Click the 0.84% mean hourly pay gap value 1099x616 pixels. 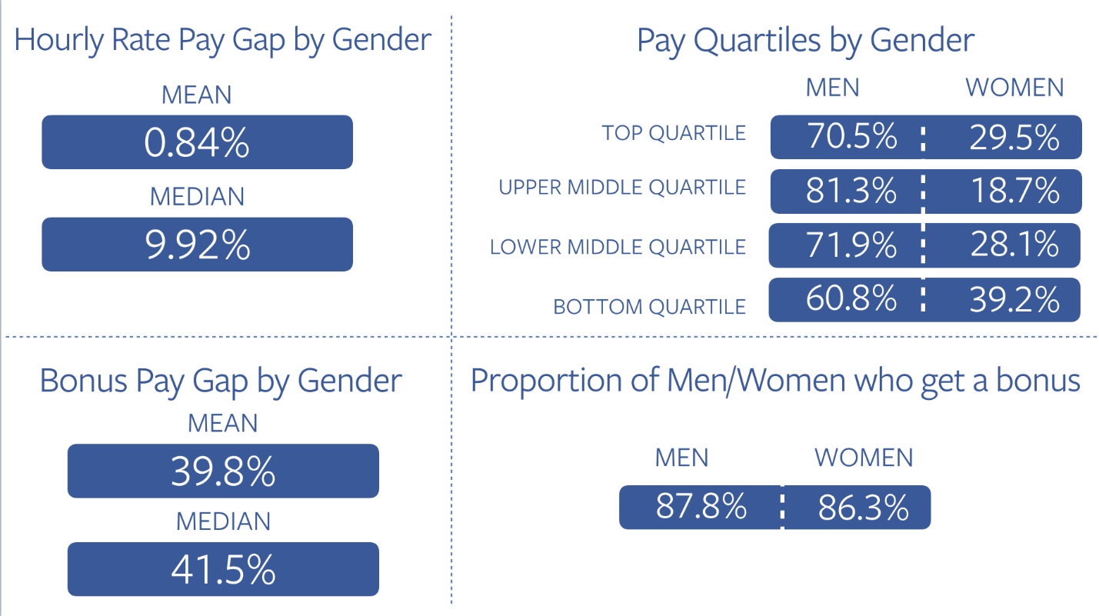pyautogui.click(x=197, y=142)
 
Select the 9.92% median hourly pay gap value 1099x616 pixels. pyautogui.click(x=197, y=245)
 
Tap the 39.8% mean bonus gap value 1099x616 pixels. pyautogui.click(x=223, y=471)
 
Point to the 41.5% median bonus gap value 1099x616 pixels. pyautogui.click(x=223, y=569)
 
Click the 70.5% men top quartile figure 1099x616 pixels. pyautogui.click(x=851, y=137)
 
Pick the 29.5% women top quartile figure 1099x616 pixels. pyautogui.click(x=1014, y=137)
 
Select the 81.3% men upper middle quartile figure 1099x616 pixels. pyautogui.click(x=851, y=191)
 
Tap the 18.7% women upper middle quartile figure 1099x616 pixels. pyautogui.click(x=1014, y=191)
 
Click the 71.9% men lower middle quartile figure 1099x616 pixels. pyautogui.click(x=851, y=245)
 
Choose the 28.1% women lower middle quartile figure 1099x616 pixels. pyautogui.click(x=1014, y=245)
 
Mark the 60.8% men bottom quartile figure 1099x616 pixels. pyautogui.click(x=851, y=300)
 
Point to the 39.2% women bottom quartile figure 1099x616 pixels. pyautogui.click(x=1014, y=300)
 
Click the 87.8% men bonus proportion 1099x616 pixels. pyautogui.click(x=701, y=508)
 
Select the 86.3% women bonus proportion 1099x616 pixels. pyautogui.click(x=863, y=508)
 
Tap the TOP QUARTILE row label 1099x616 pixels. pyautogui.click(x=674, y=133)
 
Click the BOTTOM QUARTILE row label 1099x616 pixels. pyautogui.click(x=650, y=307)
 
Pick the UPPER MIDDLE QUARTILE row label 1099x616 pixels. pyautogui.click(x=622, y=188)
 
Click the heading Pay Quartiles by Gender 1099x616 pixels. pyautogui.click(x=805, y=40)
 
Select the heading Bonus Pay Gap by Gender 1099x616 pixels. pyautogui.click(x=221, y=381)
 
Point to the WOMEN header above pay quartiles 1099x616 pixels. pyautogui.click(x=1014, y=88)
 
